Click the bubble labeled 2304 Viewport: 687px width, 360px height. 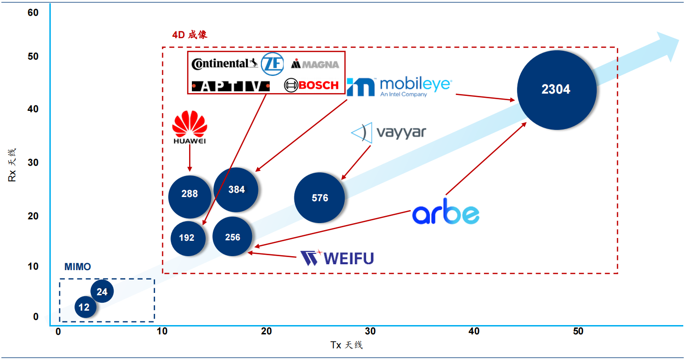tap(557, 90)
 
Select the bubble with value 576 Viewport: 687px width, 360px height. tap(320, 198)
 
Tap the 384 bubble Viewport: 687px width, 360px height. tap(236, 190)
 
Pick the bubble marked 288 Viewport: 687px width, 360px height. tap(190, 194)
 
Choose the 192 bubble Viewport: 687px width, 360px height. tap(187, 238)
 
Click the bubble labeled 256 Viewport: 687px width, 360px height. tap(232, 237)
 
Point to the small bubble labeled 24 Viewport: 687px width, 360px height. tap(102, 292)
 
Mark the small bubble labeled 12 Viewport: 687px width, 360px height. tap(85, 307)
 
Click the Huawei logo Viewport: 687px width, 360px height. tap(190, 127)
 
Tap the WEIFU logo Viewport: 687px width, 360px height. tap(337, 258)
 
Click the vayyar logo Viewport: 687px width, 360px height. tap(388, 133)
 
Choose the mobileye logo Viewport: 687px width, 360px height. tap(399, 86)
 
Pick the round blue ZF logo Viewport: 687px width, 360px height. tap(272, 64)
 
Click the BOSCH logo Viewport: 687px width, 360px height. tap(312, 85)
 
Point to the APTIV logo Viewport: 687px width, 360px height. tap(231, 86)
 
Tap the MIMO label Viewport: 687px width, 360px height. tap(78, 267)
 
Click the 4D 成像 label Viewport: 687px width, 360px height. tap(190, 35)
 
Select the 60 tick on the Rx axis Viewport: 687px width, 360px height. tap(33, 13)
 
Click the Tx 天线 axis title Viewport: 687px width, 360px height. tap(346, 345)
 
